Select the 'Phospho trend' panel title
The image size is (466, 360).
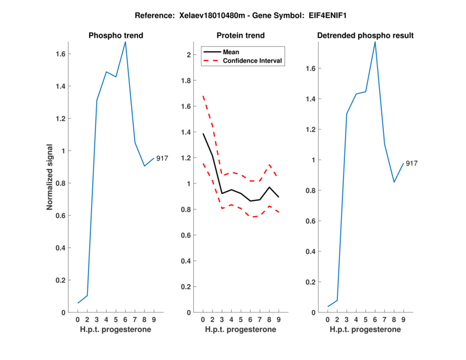[116, 36]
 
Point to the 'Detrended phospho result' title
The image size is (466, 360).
[365, 36]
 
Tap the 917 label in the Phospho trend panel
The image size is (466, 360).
[162, 158]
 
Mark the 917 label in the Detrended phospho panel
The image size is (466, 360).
[411, 164]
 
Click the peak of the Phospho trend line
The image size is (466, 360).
[125, 41]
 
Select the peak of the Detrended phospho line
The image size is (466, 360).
[375, 41]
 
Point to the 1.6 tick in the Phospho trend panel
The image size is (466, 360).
[60, 54]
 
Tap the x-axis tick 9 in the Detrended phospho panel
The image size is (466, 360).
[403, 319]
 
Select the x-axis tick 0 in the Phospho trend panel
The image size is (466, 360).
[78, 319]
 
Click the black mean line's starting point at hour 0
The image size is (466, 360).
[203, 134]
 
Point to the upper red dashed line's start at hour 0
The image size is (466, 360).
[203, 96]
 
